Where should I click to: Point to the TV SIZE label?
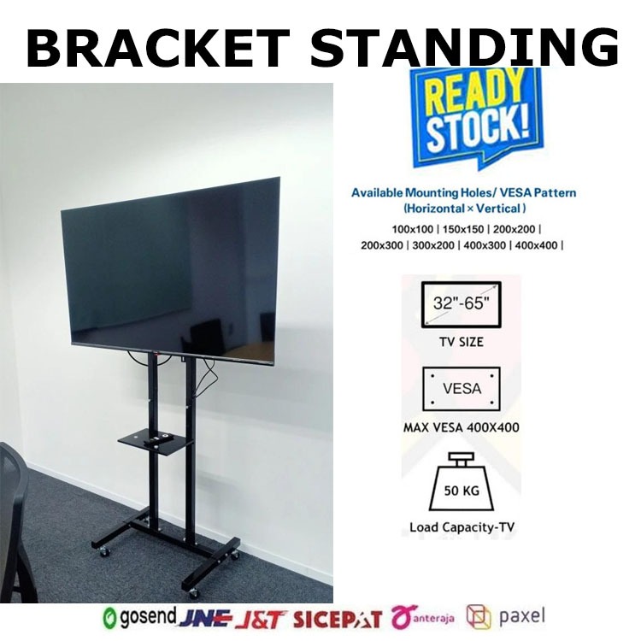click(x=460, y=342)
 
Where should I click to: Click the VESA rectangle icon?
click(x=462, y=389)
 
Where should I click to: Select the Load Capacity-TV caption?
click(x=462, y=527)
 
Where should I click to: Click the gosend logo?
click(x=139, y=617)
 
